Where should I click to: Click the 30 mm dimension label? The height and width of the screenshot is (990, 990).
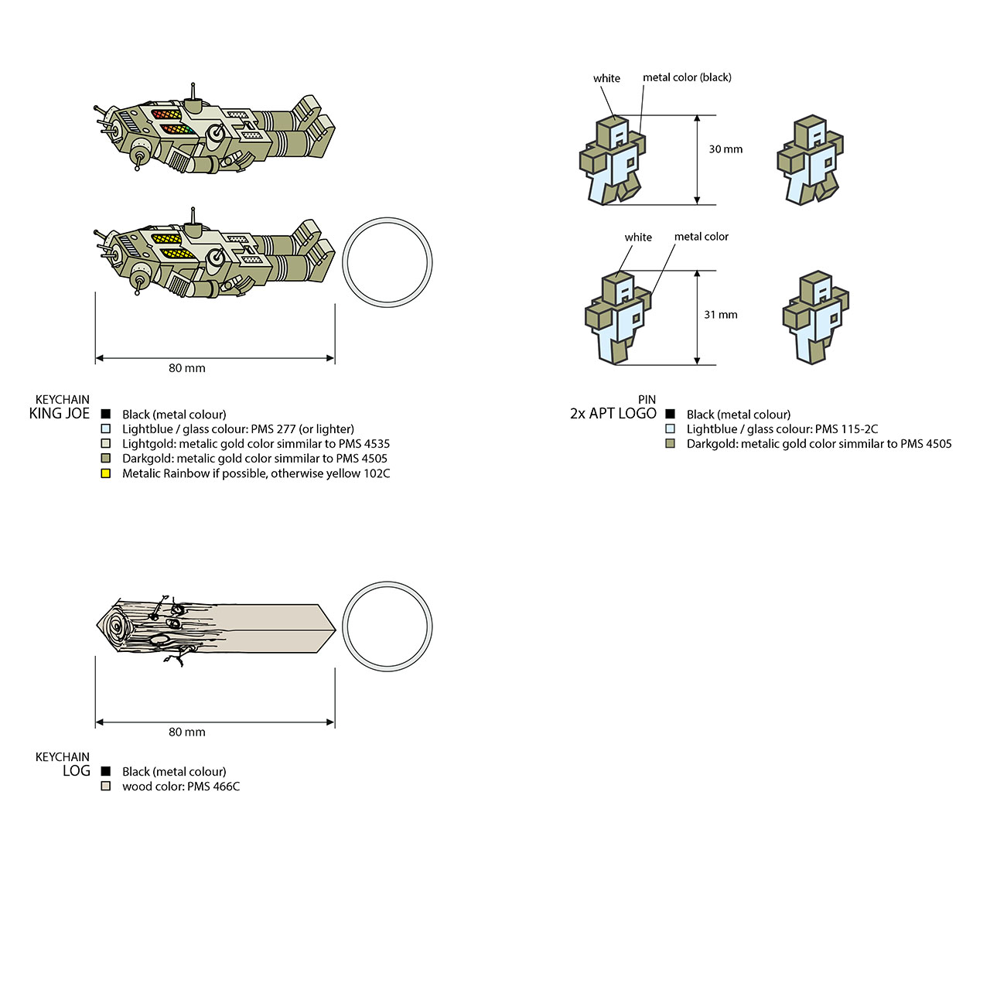(x=725, y=149)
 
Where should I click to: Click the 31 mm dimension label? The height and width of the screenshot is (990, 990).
(x=720, y=315)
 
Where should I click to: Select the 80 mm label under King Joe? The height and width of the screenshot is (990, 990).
(x=187, y=368)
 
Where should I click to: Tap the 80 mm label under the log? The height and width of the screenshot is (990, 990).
(x=187, y=732)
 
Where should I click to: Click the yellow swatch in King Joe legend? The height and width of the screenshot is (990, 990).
(x=106, y=473)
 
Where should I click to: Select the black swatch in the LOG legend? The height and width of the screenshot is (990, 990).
(x=106, y=771)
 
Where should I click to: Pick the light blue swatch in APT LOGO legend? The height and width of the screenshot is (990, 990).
(x=670, y=428)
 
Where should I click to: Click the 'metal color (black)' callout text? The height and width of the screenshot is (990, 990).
(x=687, y=77)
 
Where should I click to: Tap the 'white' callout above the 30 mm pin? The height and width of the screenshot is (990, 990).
(x=606, y=78)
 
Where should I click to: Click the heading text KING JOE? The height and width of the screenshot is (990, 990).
(x=59, y=414)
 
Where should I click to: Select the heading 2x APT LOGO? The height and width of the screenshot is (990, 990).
(x=613, y=414)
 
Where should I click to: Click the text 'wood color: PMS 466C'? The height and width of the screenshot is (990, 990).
(x=181, y=786)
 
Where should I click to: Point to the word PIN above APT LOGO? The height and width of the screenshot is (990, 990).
(x=647, y=399)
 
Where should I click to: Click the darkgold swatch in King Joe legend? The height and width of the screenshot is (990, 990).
(x=106, y=459)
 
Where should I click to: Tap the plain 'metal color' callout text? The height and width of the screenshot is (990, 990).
(x=702, y=237)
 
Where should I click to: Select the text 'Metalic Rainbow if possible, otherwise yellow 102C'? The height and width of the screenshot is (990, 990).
(x=256, y=473)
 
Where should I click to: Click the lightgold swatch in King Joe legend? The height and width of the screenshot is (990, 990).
(x=106, y=443)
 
